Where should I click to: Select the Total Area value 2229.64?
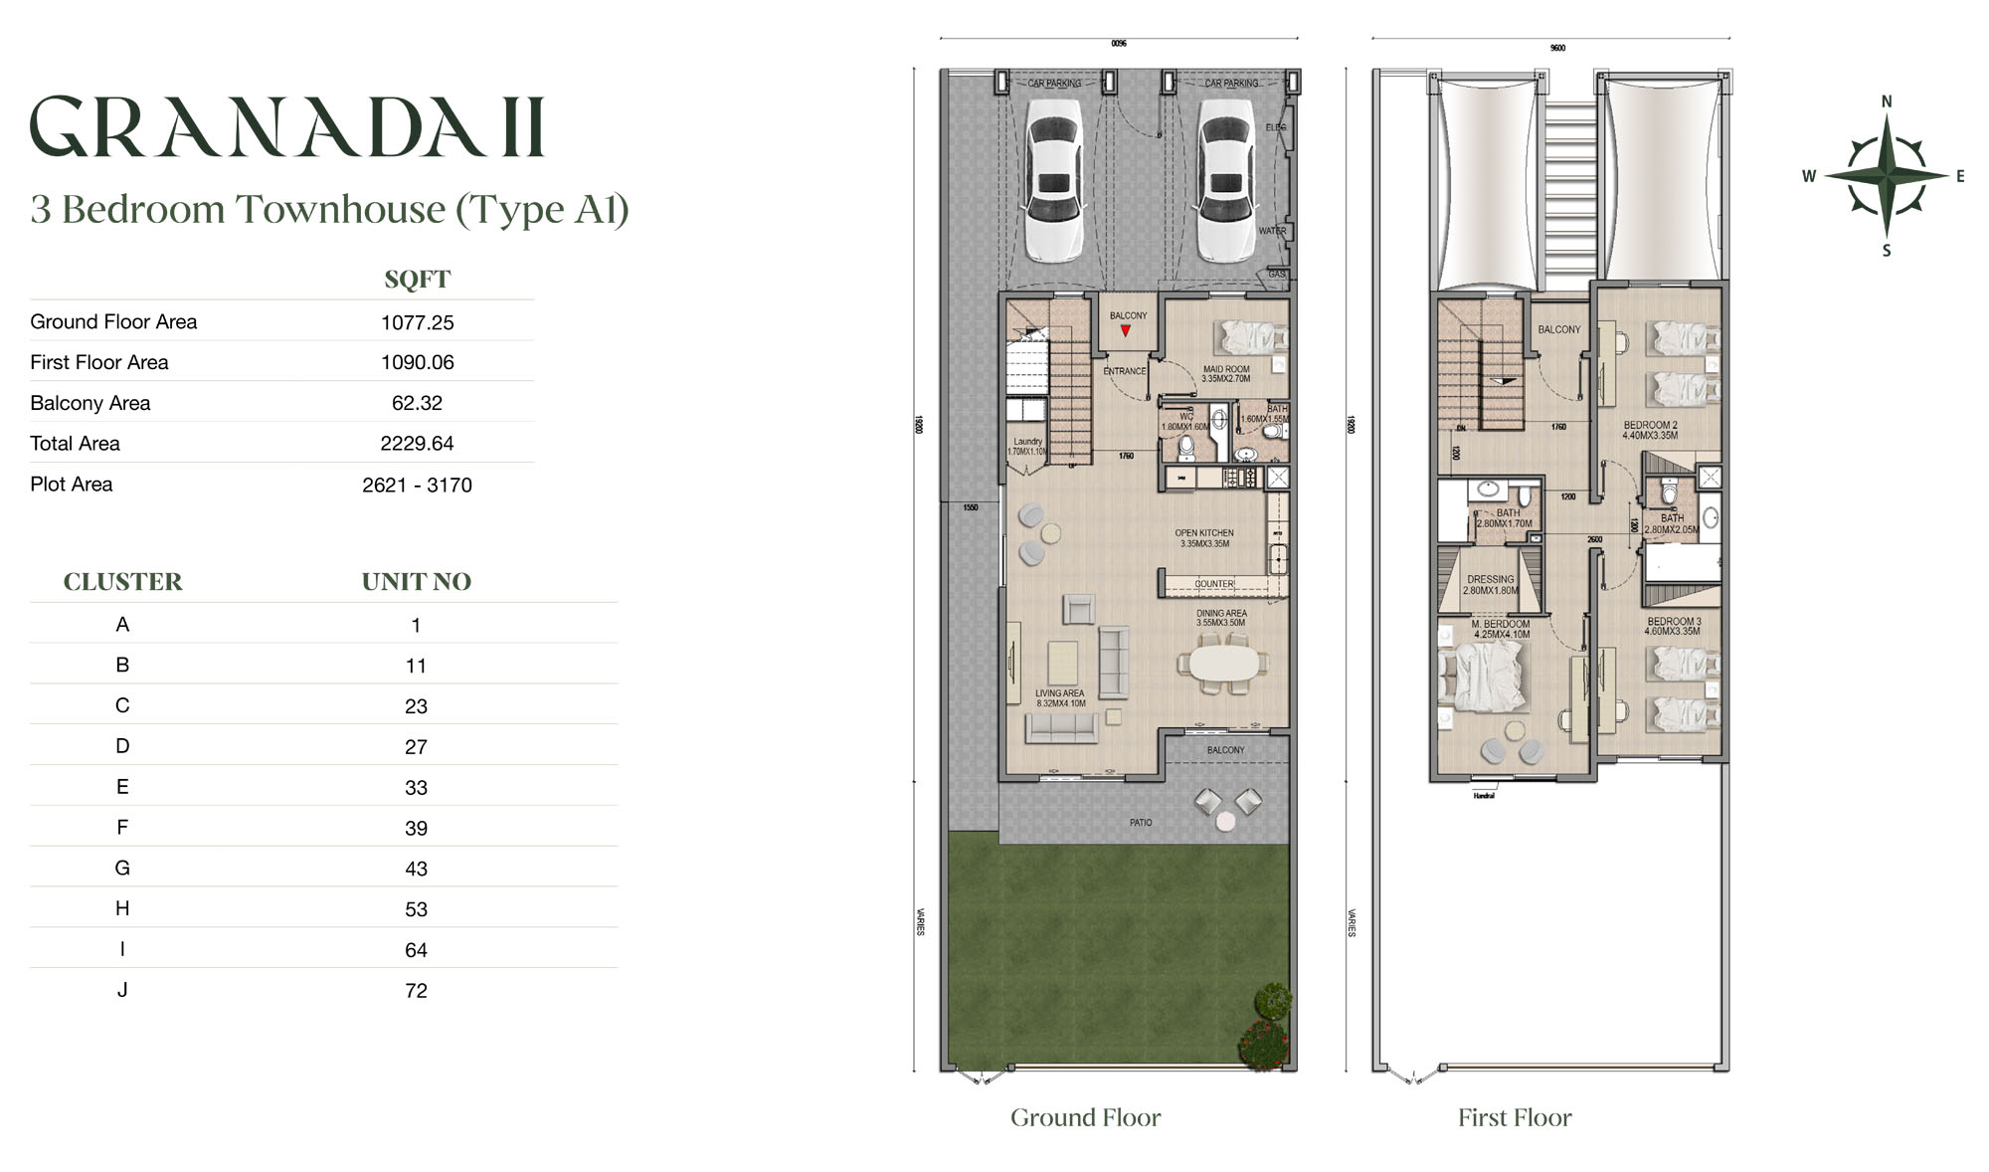tap(417, 444)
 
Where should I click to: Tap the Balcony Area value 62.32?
tap(417, 403)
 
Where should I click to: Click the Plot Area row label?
tap(72, 485)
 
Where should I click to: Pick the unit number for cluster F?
tap(416, 828)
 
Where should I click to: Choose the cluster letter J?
tap(122, 990)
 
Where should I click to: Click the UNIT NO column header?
tap(416, 582)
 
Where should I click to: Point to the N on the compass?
tap(1887, 101)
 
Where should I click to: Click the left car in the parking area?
tap(1054, 186)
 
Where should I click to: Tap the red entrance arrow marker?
tap(1126, 331)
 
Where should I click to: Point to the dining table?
tap(1223, 663)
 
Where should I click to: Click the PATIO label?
tap(1141, 823)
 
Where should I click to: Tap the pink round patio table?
tap(1225, 821)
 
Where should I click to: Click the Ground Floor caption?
tap(1085, 1118)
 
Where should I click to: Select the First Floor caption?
tap(1515, 1118)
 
